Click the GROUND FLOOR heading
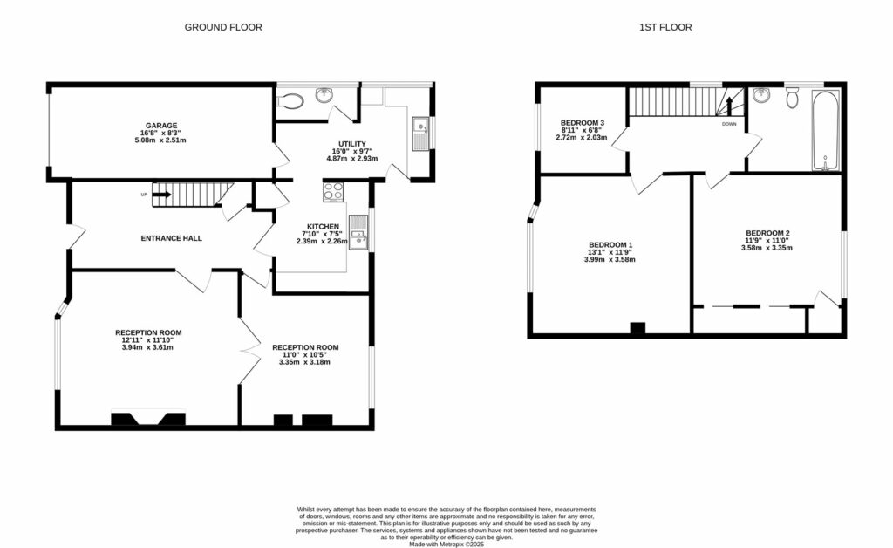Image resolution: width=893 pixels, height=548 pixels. coord(223,27)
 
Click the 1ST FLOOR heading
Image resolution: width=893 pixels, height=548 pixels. coord(665,27)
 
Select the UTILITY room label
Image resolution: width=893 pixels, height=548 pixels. coord(352,144)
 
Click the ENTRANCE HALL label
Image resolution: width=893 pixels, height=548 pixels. coord(172,237)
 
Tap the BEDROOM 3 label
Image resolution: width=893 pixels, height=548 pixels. coord(583,122)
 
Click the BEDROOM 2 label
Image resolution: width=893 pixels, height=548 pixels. coord(767,233)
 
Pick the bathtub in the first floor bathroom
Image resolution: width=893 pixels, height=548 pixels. coord(825,131)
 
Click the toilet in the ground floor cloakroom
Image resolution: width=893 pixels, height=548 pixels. coord(290,101)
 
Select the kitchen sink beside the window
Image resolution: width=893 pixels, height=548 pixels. coord(358,232)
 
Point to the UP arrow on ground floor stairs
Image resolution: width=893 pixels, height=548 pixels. coord(161,195)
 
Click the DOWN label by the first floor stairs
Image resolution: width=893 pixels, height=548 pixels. coord(730,124)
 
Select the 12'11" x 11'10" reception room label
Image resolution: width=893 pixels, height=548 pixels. coord(148,340)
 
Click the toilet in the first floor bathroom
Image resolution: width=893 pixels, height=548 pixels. coord(792,98)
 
